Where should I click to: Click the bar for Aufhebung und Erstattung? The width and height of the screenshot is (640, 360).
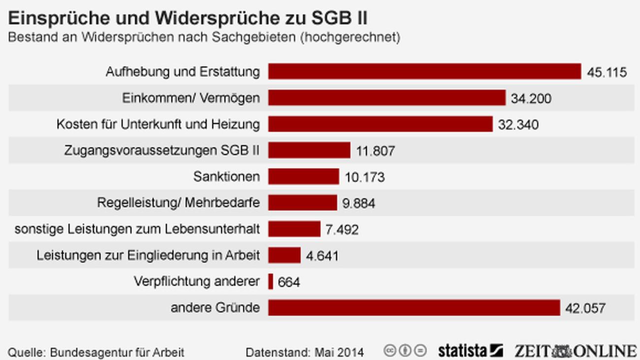[x=424, y=71]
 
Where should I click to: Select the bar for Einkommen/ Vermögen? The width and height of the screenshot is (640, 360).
[x=386, y=98]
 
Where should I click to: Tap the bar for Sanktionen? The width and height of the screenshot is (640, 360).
[x=303, y=176]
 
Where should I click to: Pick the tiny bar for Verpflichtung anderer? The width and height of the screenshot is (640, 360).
[x=271, y=282]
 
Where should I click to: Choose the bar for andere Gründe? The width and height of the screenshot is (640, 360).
[x=414, y=308]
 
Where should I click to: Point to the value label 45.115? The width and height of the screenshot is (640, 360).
[x=607, y=72]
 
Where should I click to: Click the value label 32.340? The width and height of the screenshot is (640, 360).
[x=518, y=124]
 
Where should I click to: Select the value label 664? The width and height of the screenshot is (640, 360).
[x=289, y=282]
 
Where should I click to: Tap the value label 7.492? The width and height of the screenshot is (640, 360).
[x=342, y=229]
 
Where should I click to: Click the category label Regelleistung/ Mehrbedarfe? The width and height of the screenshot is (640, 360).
[x=178, y=202]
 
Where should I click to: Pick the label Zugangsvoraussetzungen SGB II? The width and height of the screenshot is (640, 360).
[x=161, y=150]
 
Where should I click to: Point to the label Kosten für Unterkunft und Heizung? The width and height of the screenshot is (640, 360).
[x=158, y=124]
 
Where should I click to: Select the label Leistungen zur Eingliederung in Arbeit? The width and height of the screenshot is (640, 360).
[x=148, y=255]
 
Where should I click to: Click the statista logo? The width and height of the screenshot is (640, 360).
[x=470, y=351]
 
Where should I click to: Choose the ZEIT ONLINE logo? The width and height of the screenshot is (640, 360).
[x=576, y=351]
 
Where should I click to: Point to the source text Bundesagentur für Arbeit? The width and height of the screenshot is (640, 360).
[x=117, y=353]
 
